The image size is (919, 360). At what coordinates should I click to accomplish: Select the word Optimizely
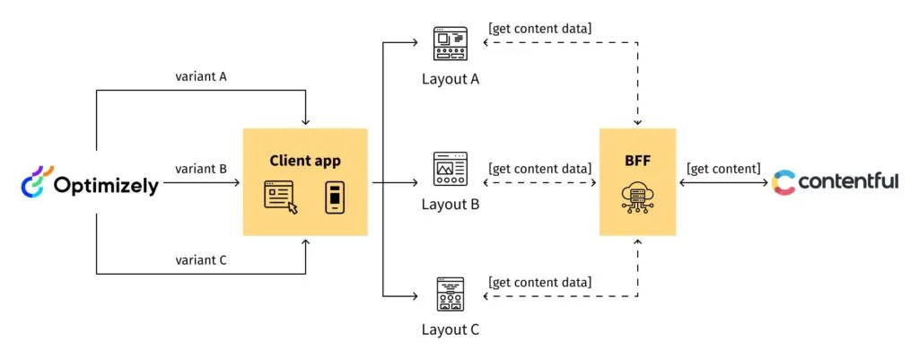coord(105,186)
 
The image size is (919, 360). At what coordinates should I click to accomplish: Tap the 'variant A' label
coord(201,76)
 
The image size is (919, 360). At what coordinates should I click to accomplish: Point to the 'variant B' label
coord(201,168)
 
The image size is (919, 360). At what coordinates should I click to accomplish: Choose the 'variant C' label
coord(201,259)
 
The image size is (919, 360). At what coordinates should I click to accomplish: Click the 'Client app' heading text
coord(305,161)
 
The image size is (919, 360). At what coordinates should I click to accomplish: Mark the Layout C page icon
coord(450,293)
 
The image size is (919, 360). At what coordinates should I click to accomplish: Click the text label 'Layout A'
coord(450,79)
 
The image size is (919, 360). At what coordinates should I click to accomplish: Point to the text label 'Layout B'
coord(450,204)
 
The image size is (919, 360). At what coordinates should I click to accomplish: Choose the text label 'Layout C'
coord(450,329)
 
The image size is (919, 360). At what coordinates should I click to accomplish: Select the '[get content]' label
coord(723,168)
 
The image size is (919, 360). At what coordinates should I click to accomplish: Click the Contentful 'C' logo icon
coord(783,182)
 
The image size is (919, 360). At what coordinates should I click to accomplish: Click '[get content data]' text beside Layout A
coord(539,29)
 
